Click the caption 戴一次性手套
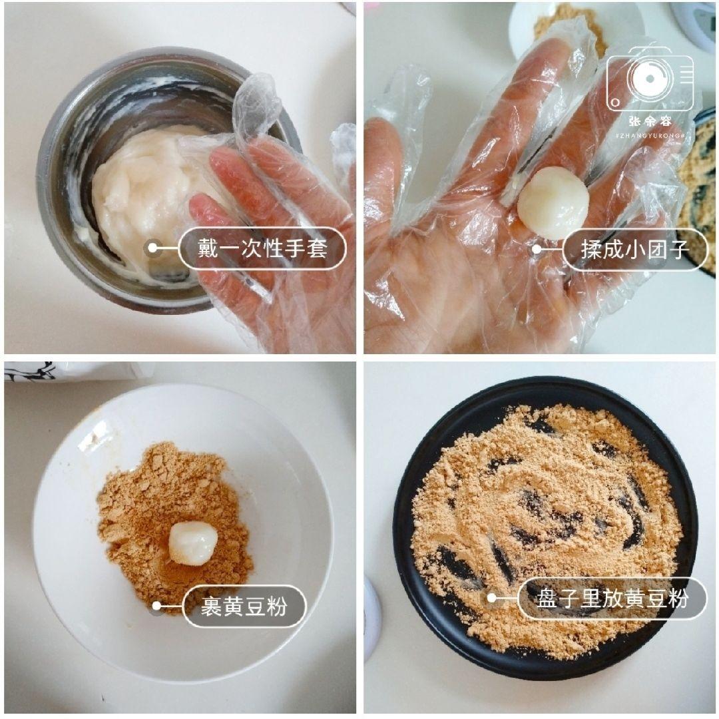[263, 249]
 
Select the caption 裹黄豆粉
[244, 606]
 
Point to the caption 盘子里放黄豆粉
[612, 598]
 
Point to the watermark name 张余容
[650, 122]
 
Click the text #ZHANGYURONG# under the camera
[650, 134]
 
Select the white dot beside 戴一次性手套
[152, 249]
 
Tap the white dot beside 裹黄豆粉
[156, 606]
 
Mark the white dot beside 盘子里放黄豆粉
[492, 598]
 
